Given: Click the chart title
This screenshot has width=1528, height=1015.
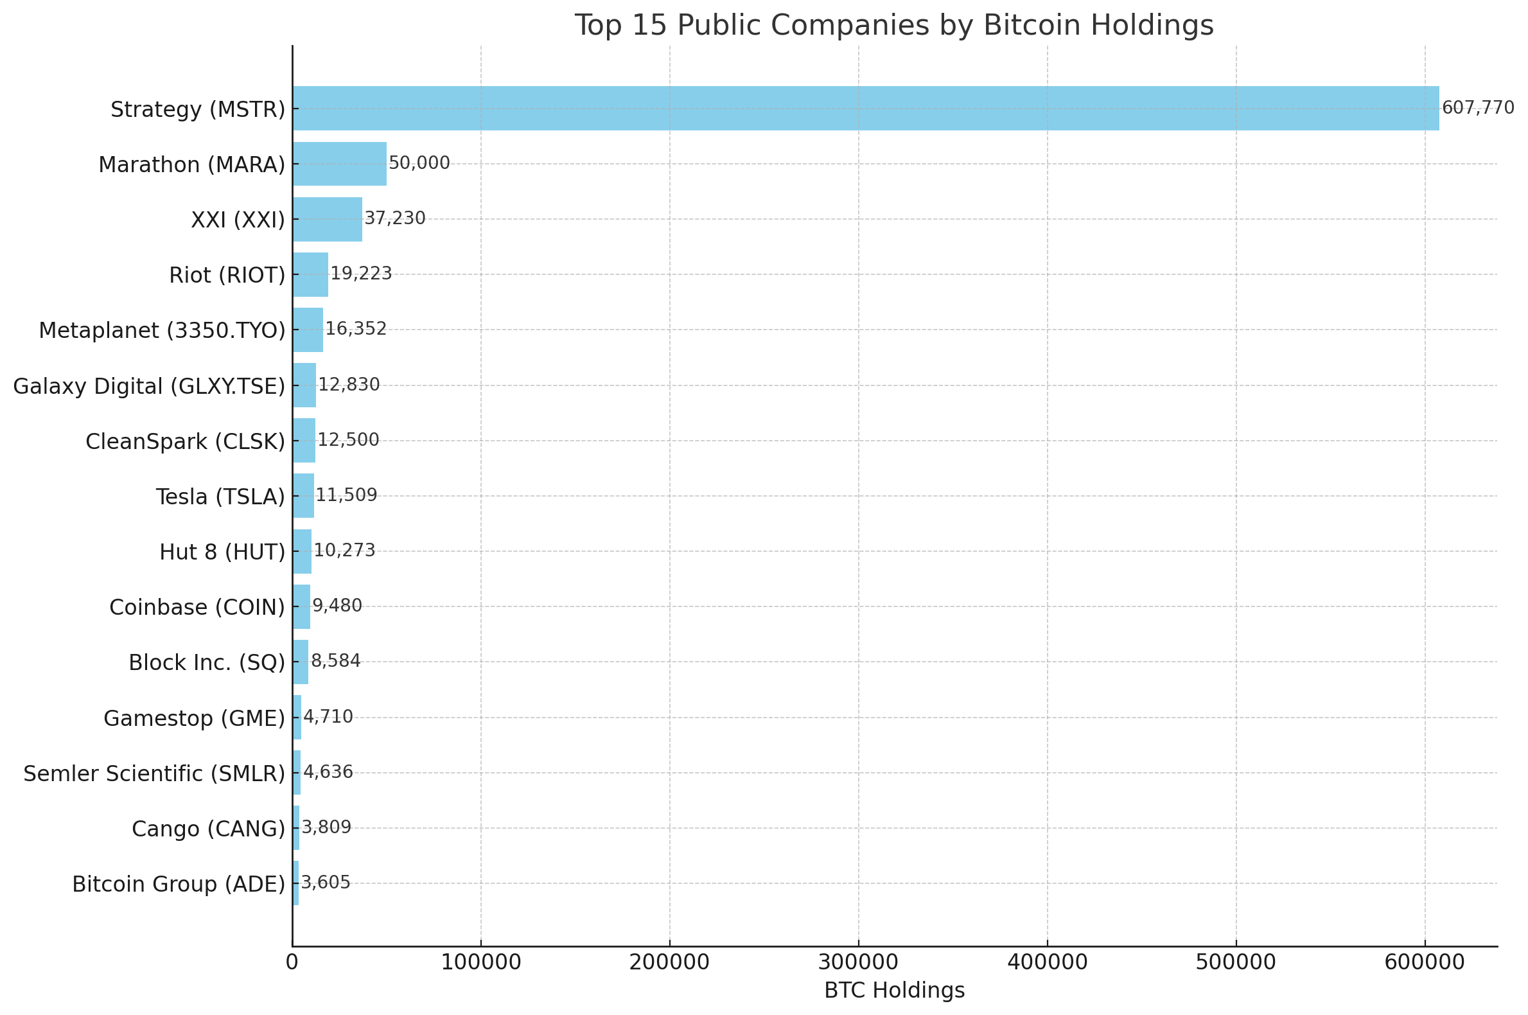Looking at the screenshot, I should pyautogui.click(x=894, y=26).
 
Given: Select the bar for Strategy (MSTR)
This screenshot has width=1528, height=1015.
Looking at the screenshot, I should pyautogui.click(x=865, y=108).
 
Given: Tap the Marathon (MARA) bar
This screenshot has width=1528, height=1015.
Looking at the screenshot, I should pyautogui.click(x=339, y=164).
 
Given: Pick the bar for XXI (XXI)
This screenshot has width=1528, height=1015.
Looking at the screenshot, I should pyautogui.click(x=327, y=219).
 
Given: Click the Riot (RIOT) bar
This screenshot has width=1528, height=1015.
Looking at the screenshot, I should pyautogui.click(x=310, y=274).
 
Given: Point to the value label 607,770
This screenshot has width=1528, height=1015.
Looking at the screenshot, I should pyautogui.click(x=1477, y=108).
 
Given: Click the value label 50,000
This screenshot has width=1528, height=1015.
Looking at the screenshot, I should pyautogui.click(x=419, y=163).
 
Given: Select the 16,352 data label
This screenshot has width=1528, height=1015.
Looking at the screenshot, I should pyautogui.click(x=355, y=329).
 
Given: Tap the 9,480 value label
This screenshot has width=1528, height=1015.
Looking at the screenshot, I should pyautogui.click(x=337, y=606).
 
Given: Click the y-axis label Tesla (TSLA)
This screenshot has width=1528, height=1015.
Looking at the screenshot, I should pyautogui.click(x=220, y=497).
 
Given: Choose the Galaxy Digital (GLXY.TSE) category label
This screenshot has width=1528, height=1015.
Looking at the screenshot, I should pyautogui.click(x=149, y=387).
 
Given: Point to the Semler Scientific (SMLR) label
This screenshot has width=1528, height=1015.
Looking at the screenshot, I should pyautogui.click(x=154, y=773).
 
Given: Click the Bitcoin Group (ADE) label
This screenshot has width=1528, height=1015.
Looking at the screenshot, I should pyautogui.click(x=178, y=884).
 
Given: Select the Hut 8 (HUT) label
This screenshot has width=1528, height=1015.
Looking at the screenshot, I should pyautogui.click(x=222, y=552).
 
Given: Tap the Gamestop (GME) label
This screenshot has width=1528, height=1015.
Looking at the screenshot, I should pyautogui.click(x=194, y=718).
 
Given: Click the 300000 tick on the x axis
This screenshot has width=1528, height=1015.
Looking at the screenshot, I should pyautogui.click(x=858, y=962).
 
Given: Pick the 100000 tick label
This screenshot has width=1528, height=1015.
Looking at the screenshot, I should pyautogui.click(x=480, y=962).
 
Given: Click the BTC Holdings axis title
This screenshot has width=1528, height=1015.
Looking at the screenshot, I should pyautogui.click(x=894, y=991).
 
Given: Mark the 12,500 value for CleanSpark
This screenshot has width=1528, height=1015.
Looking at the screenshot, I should pyautogui.click(x=347, y=440).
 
